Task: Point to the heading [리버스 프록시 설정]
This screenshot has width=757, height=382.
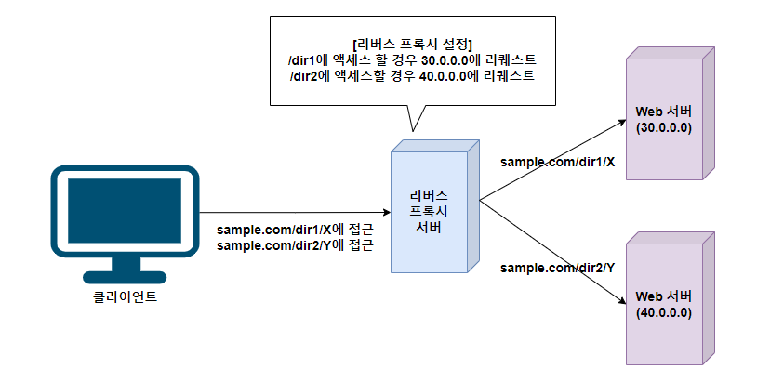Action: (x=411, y=44)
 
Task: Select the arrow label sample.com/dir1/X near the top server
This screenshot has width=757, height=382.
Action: (x=557, y=162)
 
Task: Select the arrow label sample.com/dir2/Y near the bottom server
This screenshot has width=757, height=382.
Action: (x=557, y=268)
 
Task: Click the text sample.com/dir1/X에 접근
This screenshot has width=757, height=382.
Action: (x=294, y=230)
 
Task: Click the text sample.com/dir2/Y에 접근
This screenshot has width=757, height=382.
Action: (x=294, y=245)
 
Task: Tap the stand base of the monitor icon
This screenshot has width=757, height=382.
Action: (x=125, y=276)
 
